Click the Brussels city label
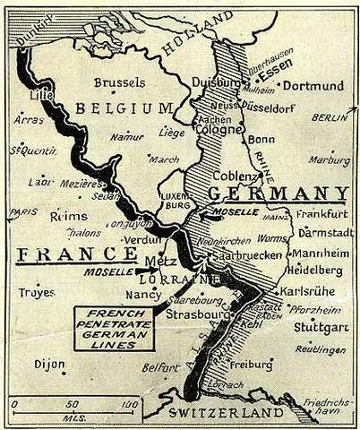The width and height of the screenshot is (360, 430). (119, 82)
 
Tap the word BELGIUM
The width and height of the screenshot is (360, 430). (124, 109)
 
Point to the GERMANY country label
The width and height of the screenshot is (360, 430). (279, 193)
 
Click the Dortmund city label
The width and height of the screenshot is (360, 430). (314, 86)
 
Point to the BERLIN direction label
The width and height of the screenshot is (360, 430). (330, 117)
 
